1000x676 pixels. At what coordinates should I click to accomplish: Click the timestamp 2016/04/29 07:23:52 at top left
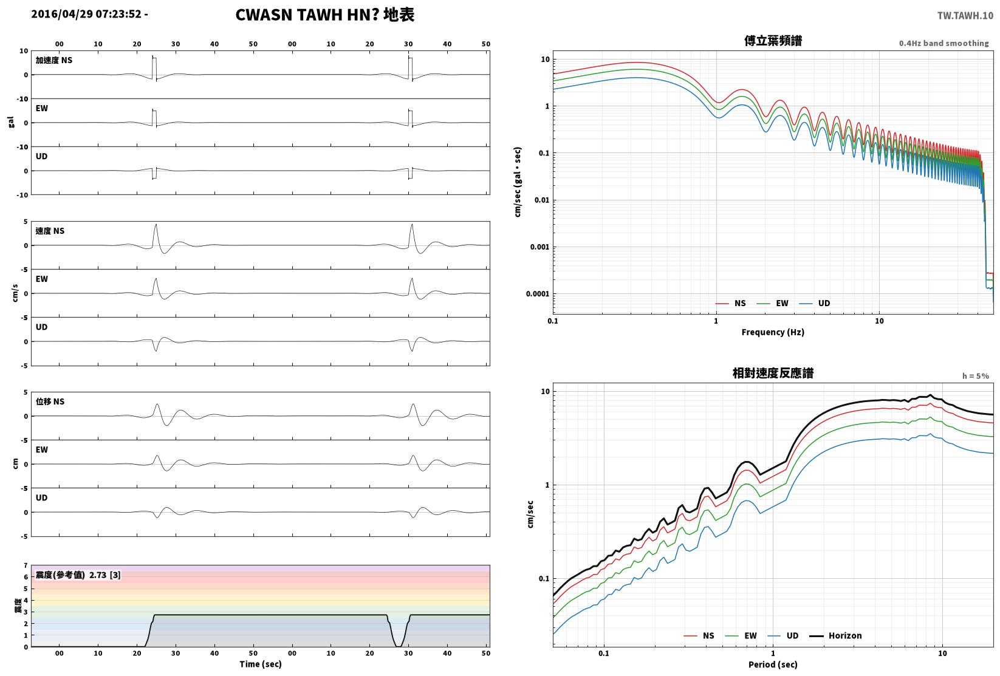(x=86, y=14)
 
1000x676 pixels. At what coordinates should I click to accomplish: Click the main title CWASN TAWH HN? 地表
(x=324, y=15)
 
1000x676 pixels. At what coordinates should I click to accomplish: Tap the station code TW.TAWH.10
(x=965, y=16)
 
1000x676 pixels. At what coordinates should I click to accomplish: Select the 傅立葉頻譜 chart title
(x=773, y=41)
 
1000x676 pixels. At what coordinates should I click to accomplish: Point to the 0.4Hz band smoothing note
(x=943, y=43)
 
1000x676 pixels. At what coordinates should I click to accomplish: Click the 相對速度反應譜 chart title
(x=773, y=373)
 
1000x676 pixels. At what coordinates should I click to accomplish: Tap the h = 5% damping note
(x=976, y=376)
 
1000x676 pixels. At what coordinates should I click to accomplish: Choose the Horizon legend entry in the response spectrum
(x=836, y=635)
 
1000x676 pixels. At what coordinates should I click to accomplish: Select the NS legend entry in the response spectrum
(x=699, y=635)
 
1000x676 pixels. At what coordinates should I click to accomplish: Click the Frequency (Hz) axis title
(x=773, y=332)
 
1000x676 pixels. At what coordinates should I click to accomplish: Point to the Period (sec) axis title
(x=773, y=664)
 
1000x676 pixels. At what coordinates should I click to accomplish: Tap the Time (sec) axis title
(x=261, y=664)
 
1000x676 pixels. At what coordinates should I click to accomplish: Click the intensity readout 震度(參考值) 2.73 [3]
(x=78, y=575)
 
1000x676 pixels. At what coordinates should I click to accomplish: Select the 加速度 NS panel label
(x=54, y=60)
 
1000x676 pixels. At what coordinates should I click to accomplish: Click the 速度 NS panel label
(x=50, y=231)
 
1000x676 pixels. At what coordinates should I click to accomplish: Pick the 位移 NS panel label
(x=50, y=401)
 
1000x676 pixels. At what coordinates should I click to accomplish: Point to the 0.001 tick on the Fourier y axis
(x=539, y=247)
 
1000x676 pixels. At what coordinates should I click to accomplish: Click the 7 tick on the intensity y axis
(x=26, y=565)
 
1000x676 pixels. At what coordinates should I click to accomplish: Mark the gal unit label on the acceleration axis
(x=11, y=122)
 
